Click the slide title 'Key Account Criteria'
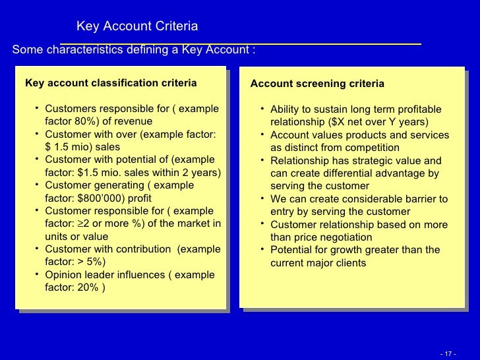tap(137, 26)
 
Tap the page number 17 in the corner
tap(448, 353)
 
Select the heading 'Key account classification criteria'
tap(111, 83)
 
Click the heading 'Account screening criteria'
tap(317, 84)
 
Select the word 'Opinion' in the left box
tap(64, 275)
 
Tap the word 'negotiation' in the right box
tap(345, 237)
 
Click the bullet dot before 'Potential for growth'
tap(262, 249)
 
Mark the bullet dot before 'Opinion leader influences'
tap(38, 274)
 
